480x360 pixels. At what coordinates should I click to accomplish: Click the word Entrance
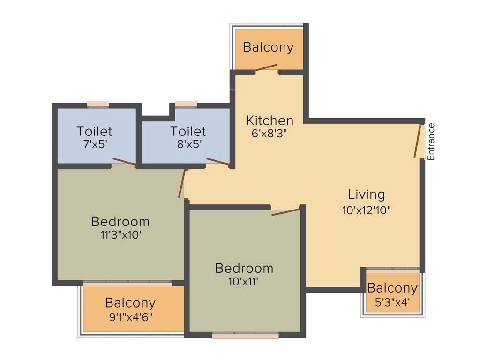(x=431, y=142)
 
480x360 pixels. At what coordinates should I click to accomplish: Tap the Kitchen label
(x=270, y=120)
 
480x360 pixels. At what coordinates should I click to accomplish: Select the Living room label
(x=366, y=194)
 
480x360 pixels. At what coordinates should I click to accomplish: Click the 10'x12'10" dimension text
(x=366, y=210)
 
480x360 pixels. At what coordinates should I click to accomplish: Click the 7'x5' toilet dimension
(x=94, y=144)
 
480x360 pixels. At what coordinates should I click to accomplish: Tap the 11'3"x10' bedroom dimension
(x=120, y=235)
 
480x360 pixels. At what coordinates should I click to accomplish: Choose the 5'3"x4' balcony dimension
(x=392, y=302)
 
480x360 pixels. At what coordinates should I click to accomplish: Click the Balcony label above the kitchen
(x=268, y=47)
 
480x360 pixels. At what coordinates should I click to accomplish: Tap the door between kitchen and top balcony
(x=266, y=68)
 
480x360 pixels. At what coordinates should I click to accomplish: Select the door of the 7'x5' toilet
(x=124, y=162)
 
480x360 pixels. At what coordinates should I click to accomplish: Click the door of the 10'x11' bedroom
(x=285, y=212)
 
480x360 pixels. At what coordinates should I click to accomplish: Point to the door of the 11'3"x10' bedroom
(x=182, y=183)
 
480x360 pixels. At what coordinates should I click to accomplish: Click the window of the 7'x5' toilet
(x=98, y=105)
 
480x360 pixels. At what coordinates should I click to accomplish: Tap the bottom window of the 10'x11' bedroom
(x=245, y=336)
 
